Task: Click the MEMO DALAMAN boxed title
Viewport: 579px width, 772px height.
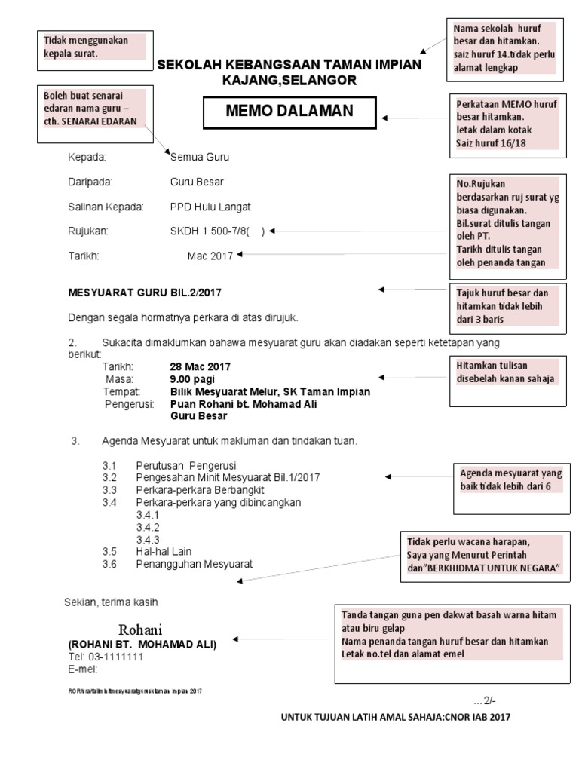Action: (x=289, y=112)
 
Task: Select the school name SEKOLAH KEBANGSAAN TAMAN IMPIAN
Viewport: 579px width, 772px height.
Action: (x=289, y=66)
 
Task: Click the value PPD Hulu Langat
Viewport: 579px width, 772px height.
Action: (x=210, y=207)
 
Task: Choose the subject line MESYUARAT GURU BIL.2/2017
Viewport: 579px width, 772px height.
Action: (x=145, y=292)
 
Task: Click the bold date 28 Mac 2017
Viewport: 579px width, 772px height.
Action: (x=201, y=366)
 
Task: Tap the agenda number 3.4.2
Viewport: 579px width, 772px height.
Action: (x=148, y=527)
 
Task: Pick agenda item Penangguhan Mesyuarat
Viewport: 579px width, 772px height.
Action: (x=194, y=564)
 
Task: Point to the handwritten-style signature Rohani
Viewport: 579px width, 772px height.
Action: (x=140, y=630)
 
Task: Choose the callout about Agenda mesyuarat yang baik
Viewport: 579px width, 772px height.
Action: (x=511, y=480)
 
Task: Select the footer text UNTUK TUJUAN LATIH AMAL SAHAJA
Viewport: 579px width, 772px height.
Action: (x=395, y=717)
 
